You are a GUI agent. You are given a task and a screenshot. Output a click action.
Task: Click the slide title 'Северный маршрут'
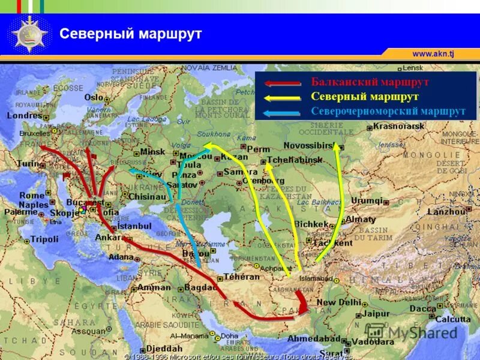[130, 34]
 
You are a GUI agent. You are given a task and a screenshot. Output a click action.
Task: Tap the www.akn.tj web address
[433, 53]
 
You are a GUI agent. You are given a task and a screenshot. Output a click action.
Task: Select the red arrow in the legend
[283, 84]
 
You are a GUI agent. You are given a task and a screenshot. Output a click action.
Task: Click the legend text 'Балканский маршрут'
[370, 82]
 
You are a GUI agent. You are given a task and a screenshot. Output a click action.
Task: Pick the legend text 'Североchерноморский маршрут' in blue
[388, 111]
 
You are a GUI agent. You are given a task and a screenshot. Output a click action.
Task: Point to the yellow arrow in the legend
[283, 97]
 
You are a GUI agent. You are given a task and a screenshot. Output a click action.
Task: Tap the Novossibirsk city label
[308, 146]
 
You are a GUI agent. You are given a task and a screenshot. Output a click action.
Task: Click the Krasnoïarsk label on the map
[399, 126]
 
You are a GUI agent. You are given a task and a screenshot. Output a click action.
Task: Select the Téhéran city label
[242, 277]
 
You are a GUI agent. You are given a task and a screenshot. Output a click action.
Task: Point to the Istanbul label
[134, 226]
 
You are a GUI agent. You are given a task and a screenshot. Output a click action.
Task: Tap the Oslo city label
[94, 97]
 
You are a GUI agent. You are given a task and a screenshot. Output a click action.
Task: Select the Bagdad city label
[199, 288]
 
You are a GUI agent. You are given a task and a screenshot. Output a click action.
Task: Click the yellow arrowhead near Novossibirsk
[337, 148]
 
